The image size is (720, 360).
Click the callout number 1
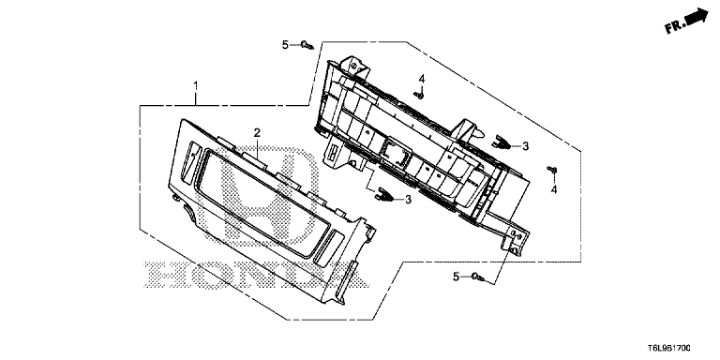[x=196, y=86]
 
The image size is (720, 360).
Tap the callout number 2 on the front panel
[x=257, y=133]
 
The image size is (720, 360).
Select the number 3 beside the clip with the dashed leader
[x=407, y=200]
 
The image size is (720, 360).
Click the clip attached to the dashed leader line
[x=384, y=196]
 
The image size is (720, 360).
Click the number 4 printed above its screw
[x=421, y=79]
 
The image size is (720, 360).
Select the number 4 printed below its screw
[x=554, y=189]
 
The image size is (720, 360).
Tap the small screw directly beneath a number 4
[x=419, y=95]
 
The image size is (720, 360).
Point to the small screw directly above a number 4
[x=552, y=170]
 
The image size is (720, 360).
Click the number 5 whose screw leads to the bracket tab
[x=456, y=277]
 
